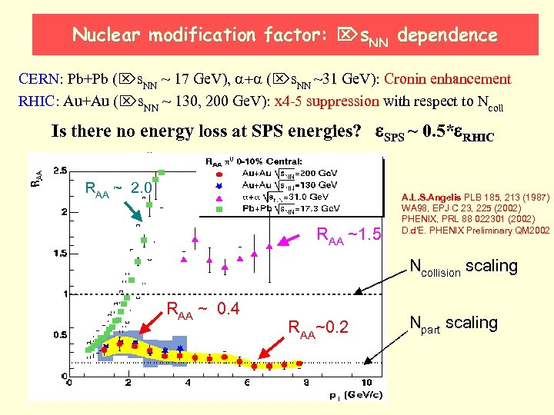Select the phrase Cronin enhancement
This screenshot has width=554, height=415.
point(447,78)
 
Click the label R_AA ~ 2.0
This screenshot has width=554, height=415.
point(118,189)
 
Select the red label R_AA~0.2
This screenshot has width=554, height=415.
point(318,328)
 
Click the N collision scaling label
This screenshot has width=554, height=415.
point(463,267)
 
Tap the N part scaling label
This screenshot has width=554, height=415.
point(453,324)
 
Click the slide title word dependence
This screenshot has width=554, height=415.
point(449,35)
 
